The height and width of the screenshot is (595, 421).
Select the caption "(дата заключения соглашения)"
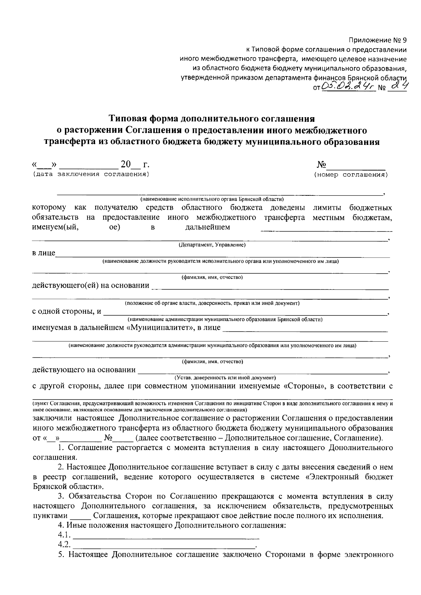point(91,174)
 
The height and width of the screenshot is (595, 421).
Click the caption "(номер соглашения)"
point(351,174)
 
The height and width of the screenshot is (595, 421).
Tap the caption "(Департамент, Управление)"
point(212,245)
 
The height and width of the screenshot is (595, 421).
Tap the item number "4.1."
point(65,535)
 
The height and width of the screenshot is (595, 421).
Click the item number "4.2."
point(65,545)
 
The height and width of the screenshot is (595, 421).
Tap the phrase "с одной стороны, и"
point(67,311)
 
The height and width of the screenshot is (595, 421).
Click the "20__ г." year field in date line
point(134,164)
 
